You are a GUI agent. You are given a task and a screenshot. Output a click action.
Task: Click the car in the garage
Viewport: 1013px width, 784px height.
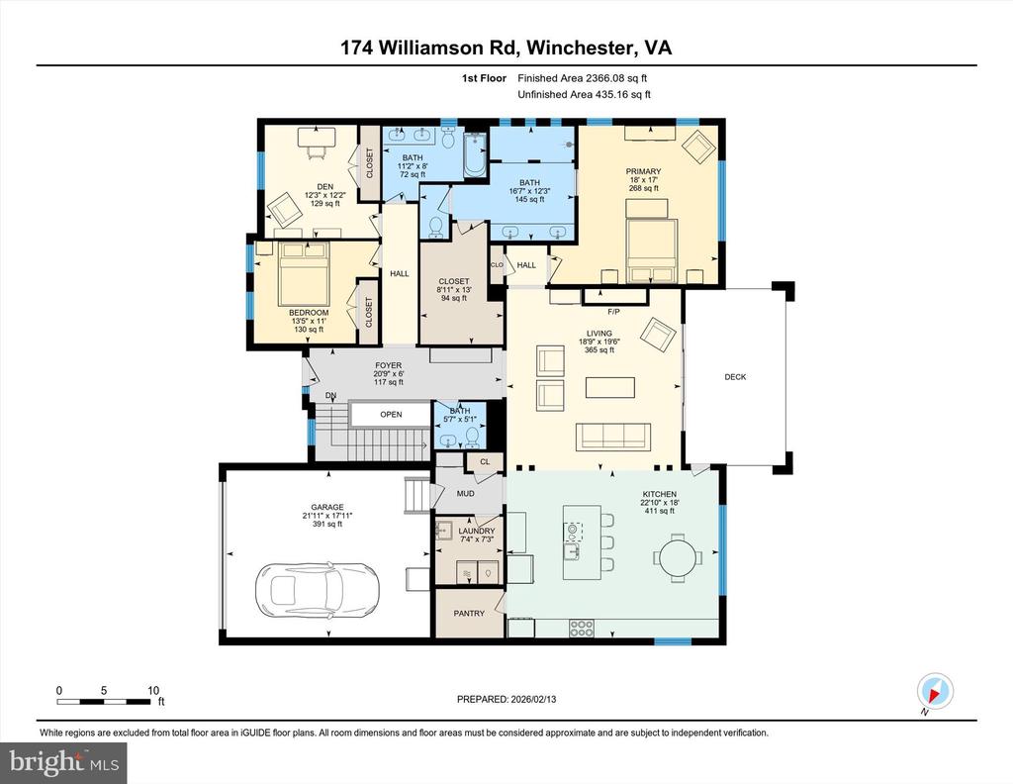point(305,593)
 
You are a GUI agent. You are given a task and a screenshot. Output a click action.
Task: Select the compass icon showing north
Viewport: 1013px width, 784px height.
point(934,690)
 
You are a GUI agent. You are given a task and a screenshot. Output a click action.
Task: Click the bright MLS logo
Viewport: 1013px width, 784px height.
point(65,761)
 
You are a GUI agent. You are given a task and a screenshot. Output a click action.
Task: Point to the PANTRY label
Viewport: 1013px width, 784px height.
point(469,614)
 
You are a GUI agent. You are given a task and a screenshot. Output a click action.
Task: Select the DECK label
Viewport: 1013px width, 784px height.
point(735,377)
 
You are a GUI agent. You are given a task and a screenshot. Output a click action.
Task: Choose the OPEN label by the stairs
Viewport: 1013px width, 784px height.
point(392,415)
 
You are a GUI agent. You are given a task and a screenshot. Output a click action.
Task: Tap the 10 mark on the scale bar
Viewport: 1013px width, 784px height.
point(152,690)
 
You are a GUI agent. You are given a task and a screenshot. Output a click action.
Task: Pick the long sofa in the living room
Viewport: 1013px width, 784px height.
point(611,436)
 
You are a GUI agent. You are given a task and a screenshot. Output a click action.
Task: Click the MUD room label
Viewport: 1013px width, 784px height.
point(465,492)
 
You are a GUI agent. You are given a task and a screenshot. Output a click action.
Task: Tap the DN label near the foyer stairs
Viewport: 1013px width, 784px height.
point(330,396)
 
